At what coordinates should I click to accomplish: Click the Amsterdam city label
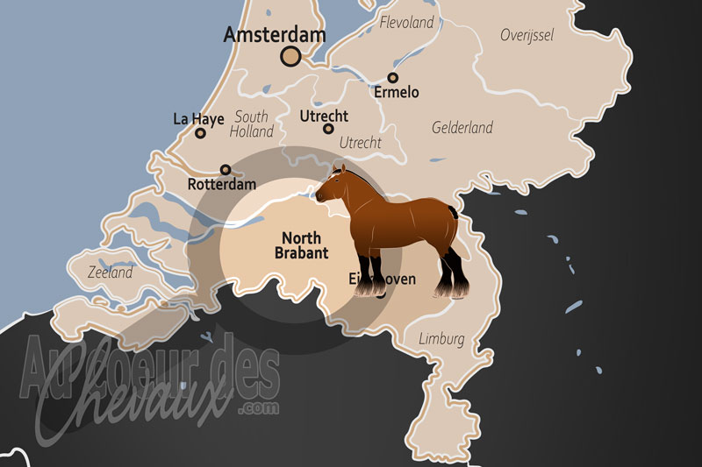coord(275,35)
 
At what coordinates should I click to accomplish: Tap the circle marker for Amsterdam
coord(290,57)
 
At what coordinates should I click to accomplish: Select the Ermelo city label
coord(397,92)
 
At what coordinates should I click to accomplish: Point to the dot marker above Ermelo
coord(393,78)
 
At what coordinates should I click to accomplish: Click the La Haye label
coord(198,118)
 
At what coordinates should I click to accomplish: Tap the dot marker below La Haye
coord(200,134)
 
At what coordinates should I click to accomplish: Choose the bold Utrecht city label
coord(324,116)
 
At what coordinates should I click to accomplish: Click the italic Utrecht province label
coord(360,142)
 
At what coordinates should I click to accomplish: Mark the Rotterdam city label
coord(222,185)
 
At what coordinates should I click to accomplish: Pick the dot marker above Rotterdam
coord(226,170)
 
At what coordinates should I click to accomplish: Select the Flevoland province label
coord(407,23)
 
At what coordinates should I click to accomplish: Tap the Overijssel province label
coord(526,35)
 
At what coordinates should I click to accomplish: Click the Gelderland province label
coord(462,128)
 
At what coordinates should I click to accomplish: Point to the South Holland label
coord(252,124)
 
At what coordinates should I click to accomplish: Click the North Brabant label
coord(301,245)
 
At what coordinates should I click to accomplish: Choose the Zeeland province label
coord(111,272)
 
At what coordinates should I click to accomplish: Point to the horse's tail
coord(454,213)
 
